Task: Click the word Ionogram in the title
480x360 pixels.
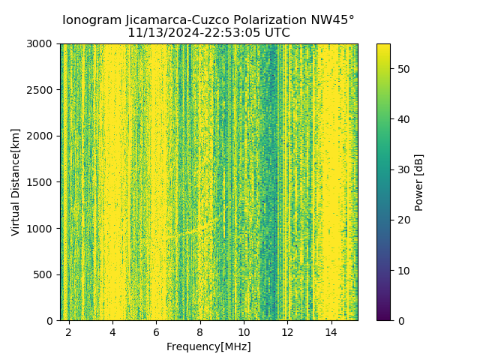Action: coord(91,20)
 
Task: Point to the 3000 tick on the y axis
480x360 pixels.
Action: coord(41,43)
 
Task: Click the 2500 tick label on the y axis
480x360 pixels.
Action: coord(41,90)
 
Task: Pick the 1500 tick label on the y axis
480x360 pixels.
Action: coord(41,182)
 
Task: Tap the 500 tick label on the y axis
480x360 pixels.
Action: coord(44,274)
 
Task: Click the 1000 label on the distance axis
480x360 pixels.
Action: coord(41,228)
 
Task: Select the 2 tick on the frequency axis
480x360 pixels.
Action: coord(69,332)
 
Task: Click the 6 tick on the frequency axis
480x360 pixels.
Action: coord(156,332)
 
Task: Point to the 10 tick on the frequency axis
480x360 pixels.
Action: coord(244,332)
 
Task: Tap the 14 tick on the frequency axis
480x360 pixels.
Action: coord(331,332)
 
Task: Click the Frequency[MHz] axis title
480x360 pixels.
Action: coord(208,346)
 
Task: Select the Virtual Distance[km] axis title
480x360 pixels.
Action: coord(16,182)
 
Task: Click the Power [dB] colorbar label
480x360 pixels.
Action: coord(418,182)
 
